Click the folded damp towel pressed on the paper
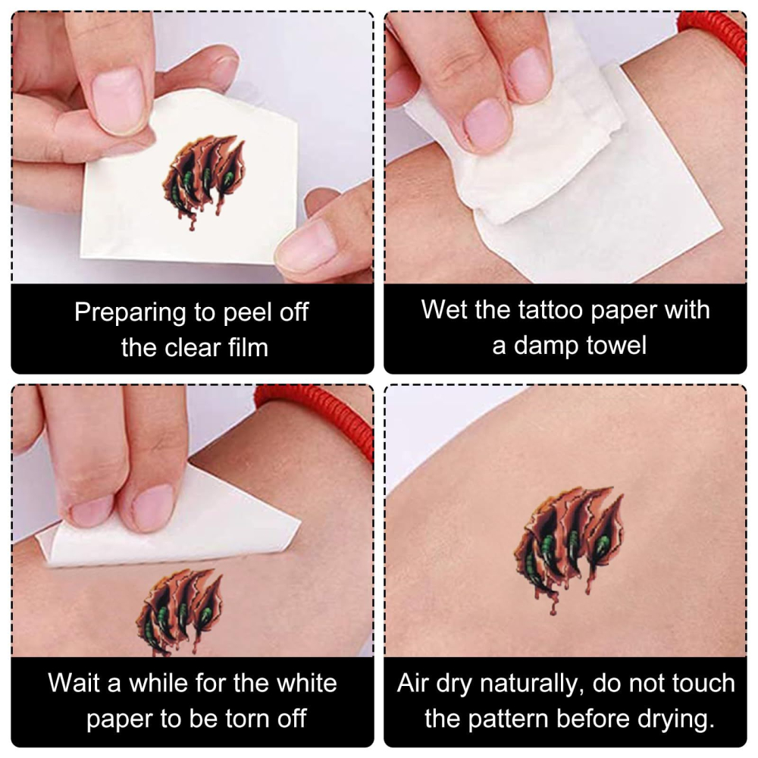point(512,140)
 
